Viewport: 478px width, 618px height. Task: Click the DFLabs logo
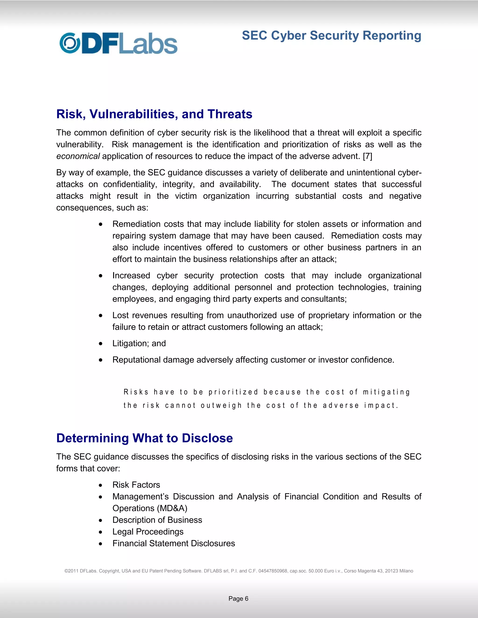(118, 44)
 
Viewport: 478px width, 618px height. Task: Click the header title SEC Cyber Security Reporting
(331, 36)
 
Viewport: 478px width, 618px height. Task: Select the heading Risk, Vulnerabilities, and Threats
(154, 114)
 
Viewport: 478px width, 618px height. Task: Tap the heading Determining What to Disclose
(144, 438)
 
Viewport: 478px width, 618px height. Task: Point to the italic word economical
(78, 156)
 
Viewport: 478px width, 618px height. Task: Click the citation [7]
(367, 156)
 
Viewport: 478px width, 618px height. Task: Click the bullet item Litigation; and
(139, 343)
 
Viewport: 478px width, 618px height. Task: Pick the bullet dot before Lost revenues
(101, 316)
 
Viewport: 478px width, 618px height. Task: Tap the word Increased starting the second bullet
(131, 275)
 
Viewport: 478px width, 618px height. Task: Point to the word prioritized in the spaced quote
(233, 392)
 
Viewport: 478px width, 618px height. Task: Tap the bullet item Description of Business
(157, 520)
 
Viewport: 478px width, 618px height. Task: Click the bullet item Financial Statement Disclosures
(173, 543)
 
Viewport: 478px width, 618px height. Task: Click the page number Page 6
(239, 598)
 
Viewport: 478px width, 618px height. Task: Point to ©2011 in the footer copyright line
(71, 571)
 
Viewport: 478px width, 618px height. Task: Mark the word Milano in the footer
(406, 571)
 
